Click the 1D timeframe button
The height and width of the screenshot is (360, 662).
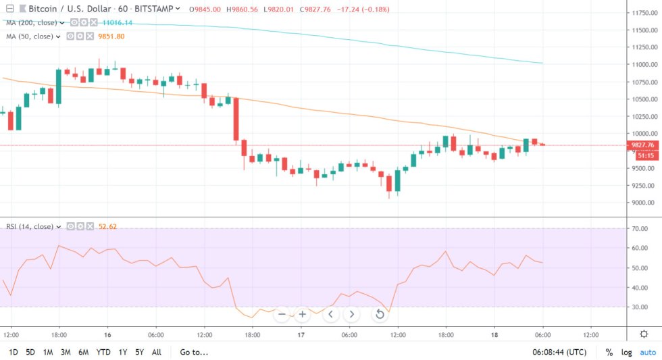[x=13, y=352]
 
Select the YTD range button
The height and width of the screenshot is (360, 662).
[x=103, y=352]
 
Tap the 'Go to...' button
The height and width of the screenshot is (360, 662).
[x=194, y=352]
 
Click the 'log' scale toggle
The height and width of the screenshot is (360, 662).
[x=628, y=352]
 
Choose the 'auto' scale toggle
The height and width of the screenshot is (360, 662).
[x=648, y=352]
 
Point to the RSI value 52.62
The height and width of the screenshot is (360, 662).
[x=108, y=226]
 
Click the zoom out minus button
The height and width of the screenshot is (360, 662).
[x=282, y=314]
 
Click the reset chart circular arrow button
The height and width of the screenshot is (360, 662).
[x=380, y=314]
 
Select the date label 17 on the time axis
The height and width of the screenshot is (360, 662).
[x=301, y=334]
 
